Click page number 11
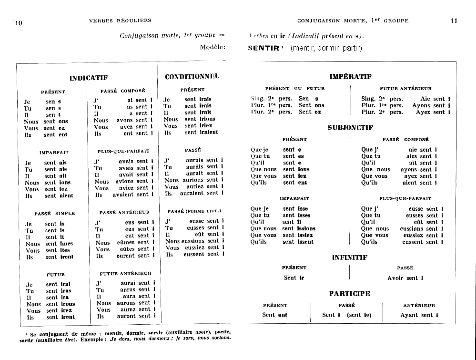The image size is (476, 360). (x=454, y=21)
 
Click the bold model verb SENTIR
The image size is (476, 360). (x=263, y=48)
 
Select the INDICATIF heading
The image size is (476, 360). (x=89, y=78)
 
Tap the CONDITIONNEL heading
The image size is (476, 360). (x=192, y=76)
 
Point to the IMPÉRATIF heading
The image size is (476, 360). (x=350, y=76)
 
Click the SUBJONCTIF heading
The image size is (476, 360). (x=350, y=128)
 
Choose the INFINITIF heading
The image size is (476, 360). (x=350, y=257)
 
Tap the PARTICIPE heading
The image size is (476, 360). (x=350, y=294)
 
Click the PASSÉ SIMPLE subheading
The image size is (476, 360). (x=54, y=214)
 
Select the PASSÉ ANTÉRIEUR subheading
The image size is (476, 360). (x=124, y=212)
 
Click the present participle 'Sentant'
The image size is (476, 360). (x=275, y=315)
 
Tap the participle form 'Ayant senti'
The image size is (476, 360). (x=419, y=315)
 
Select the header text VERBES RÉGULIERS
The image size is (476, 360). (x=120, y=21)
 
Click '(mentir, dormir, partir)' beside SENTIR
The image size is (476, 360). (x=326, y=48)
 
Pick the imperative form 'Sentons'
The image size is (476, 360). (x=312, y=105)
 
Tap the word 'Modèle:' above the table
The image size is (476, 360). (x=213, y=47)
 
